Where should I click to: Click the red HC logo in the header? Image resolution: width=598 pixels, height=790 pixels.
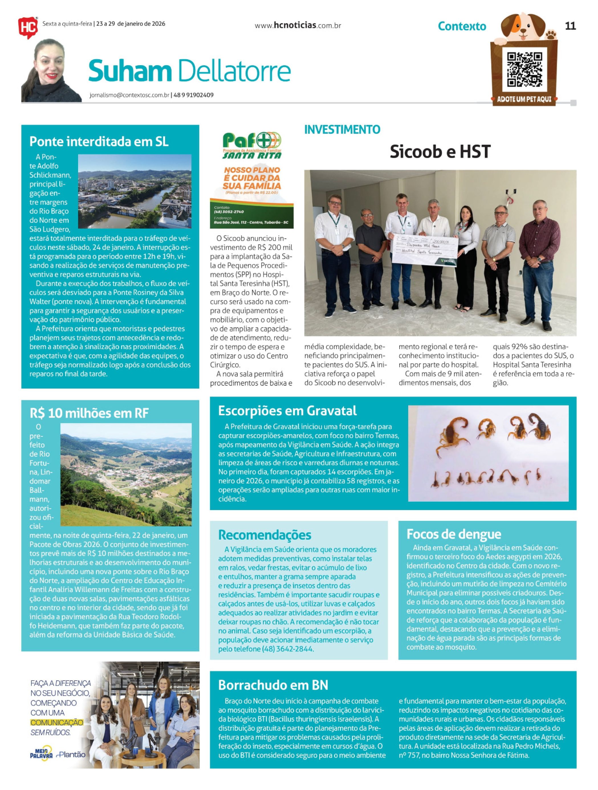(x=28, y=28)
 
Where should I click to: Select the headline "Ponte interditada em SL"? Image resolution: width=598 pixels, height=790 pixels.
(x=99, y=142)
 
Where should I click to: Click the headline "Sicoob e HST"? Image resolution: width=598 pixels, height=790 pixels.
(x=440, y=152)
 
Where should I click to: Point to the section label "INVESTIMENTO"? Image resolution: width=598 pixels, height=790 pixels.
(x=342, y=130)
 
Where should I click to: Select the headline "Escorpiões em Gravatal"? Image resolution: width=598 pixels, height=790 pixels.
(x=287, y=411)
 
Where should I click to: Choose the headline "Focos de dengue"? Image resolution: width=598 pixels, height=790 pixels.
(x=453, y=534)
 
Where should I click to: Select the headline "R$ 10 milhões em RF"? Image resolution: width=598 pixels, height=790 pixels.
(x=89, y=413)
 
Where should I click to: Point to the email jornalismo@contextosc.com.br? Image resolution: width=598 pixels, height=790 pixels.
(x=129, y=95)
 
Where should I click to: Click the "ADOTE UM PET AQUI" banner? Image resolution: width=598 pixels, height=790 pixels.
(x=524, y=99)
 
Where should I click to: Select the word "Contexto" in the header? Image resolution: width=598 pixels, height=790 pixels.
(x=462, y=26)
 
